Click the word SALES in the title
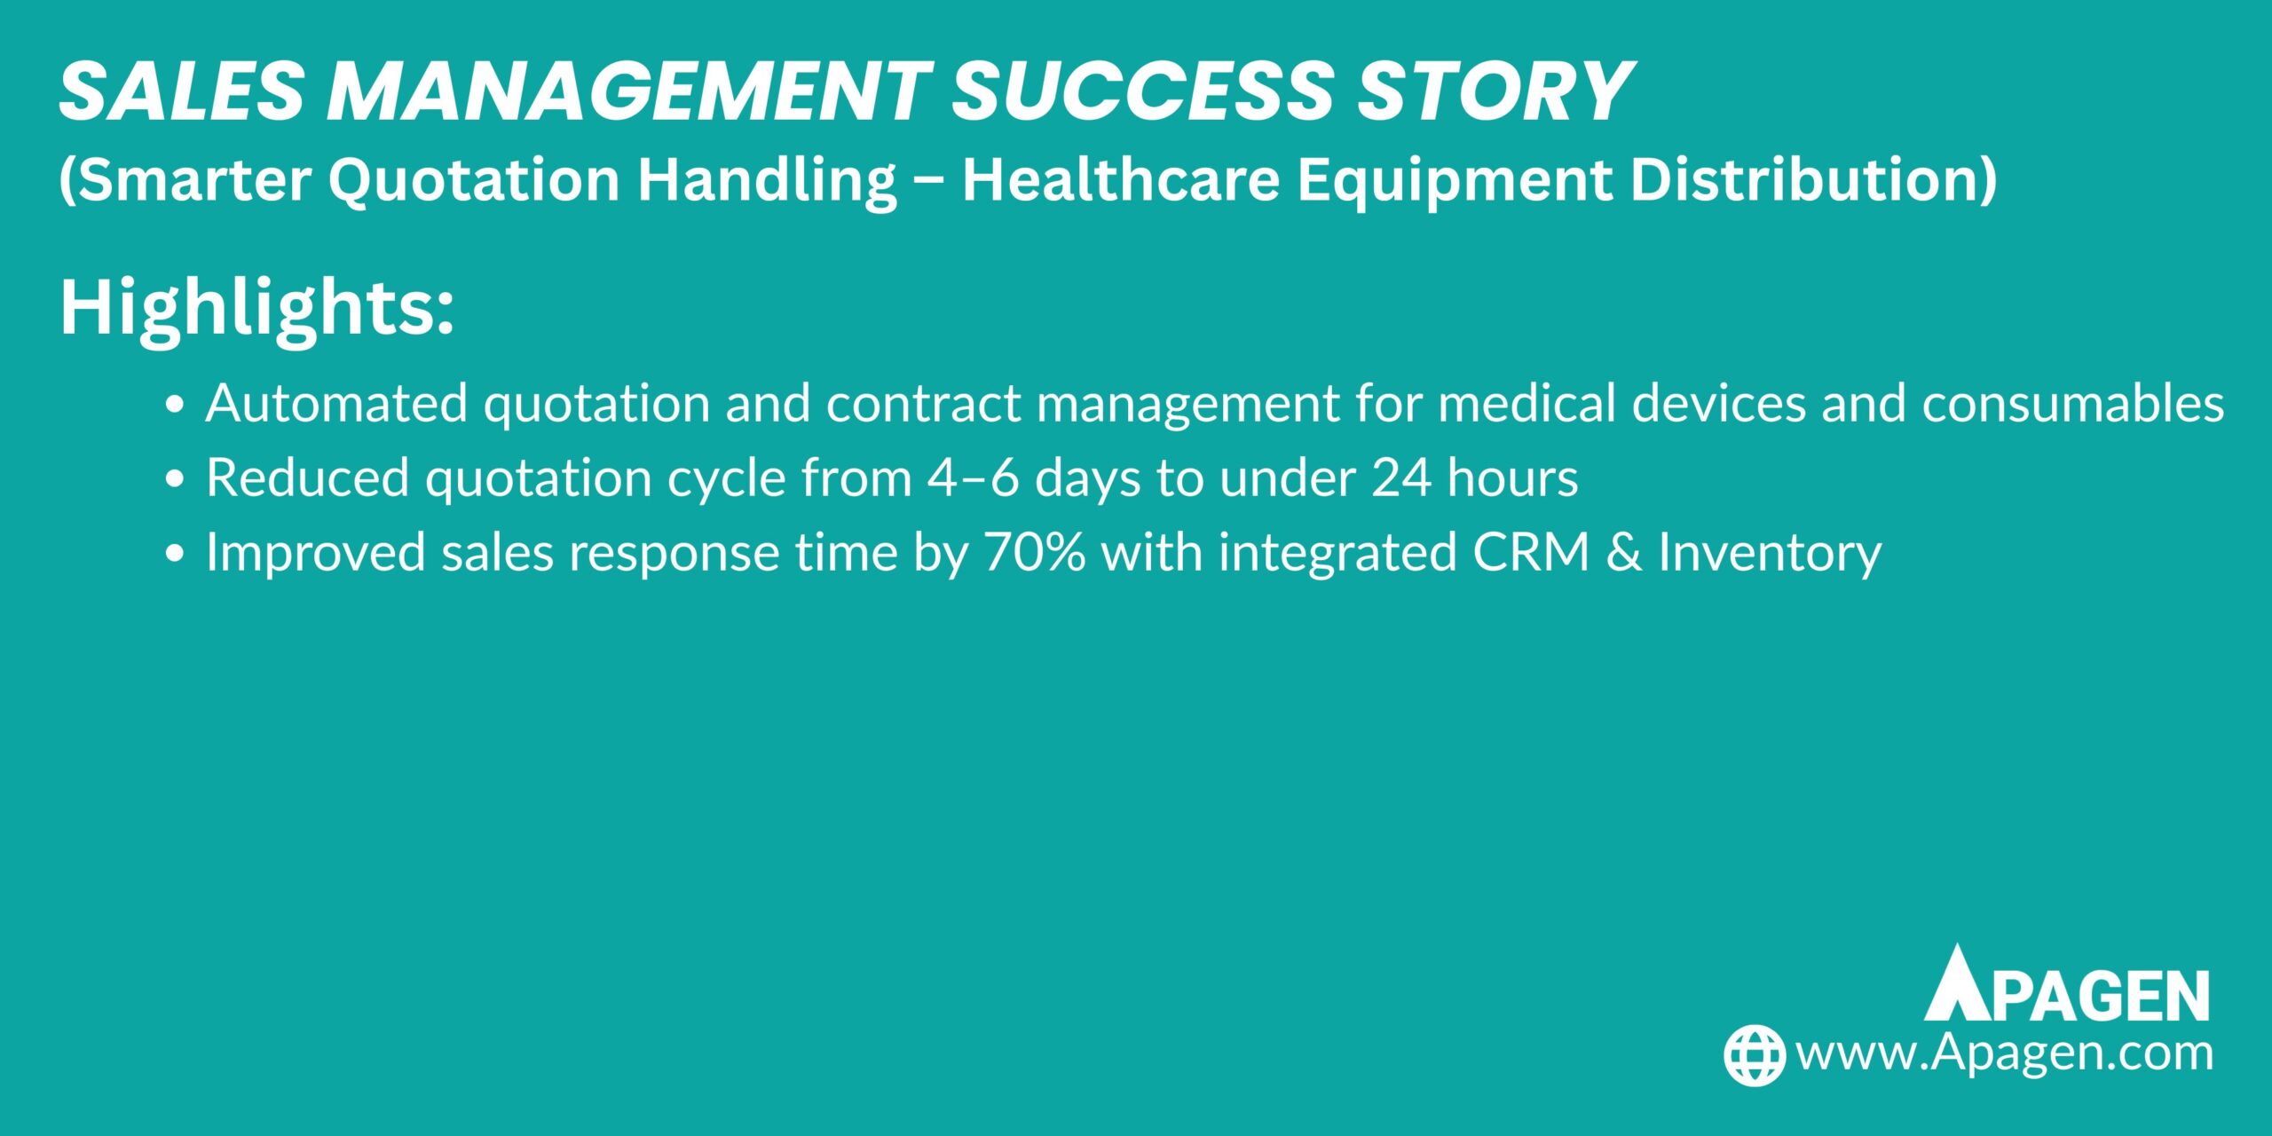coord(181,91)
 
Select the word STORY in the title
coord(1495,91)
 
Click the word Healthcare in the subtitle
coord(1121,179)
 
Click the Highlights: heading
coord(256,308)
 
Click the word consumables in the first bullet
coord(2073,404)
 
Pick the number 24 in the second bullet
coord(1400,478)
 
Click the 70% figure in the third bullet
coord(1035,552)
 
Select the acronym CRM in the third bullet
coord(1531,552)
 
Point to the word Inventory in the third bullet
coord(1770,554)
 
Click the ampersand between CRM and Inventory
coord(1624,552)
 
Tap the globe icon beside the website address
coord(1754,1055)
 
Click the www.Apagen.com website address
coord(2004,1053)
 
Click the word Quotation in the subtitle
coord(474,181)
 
